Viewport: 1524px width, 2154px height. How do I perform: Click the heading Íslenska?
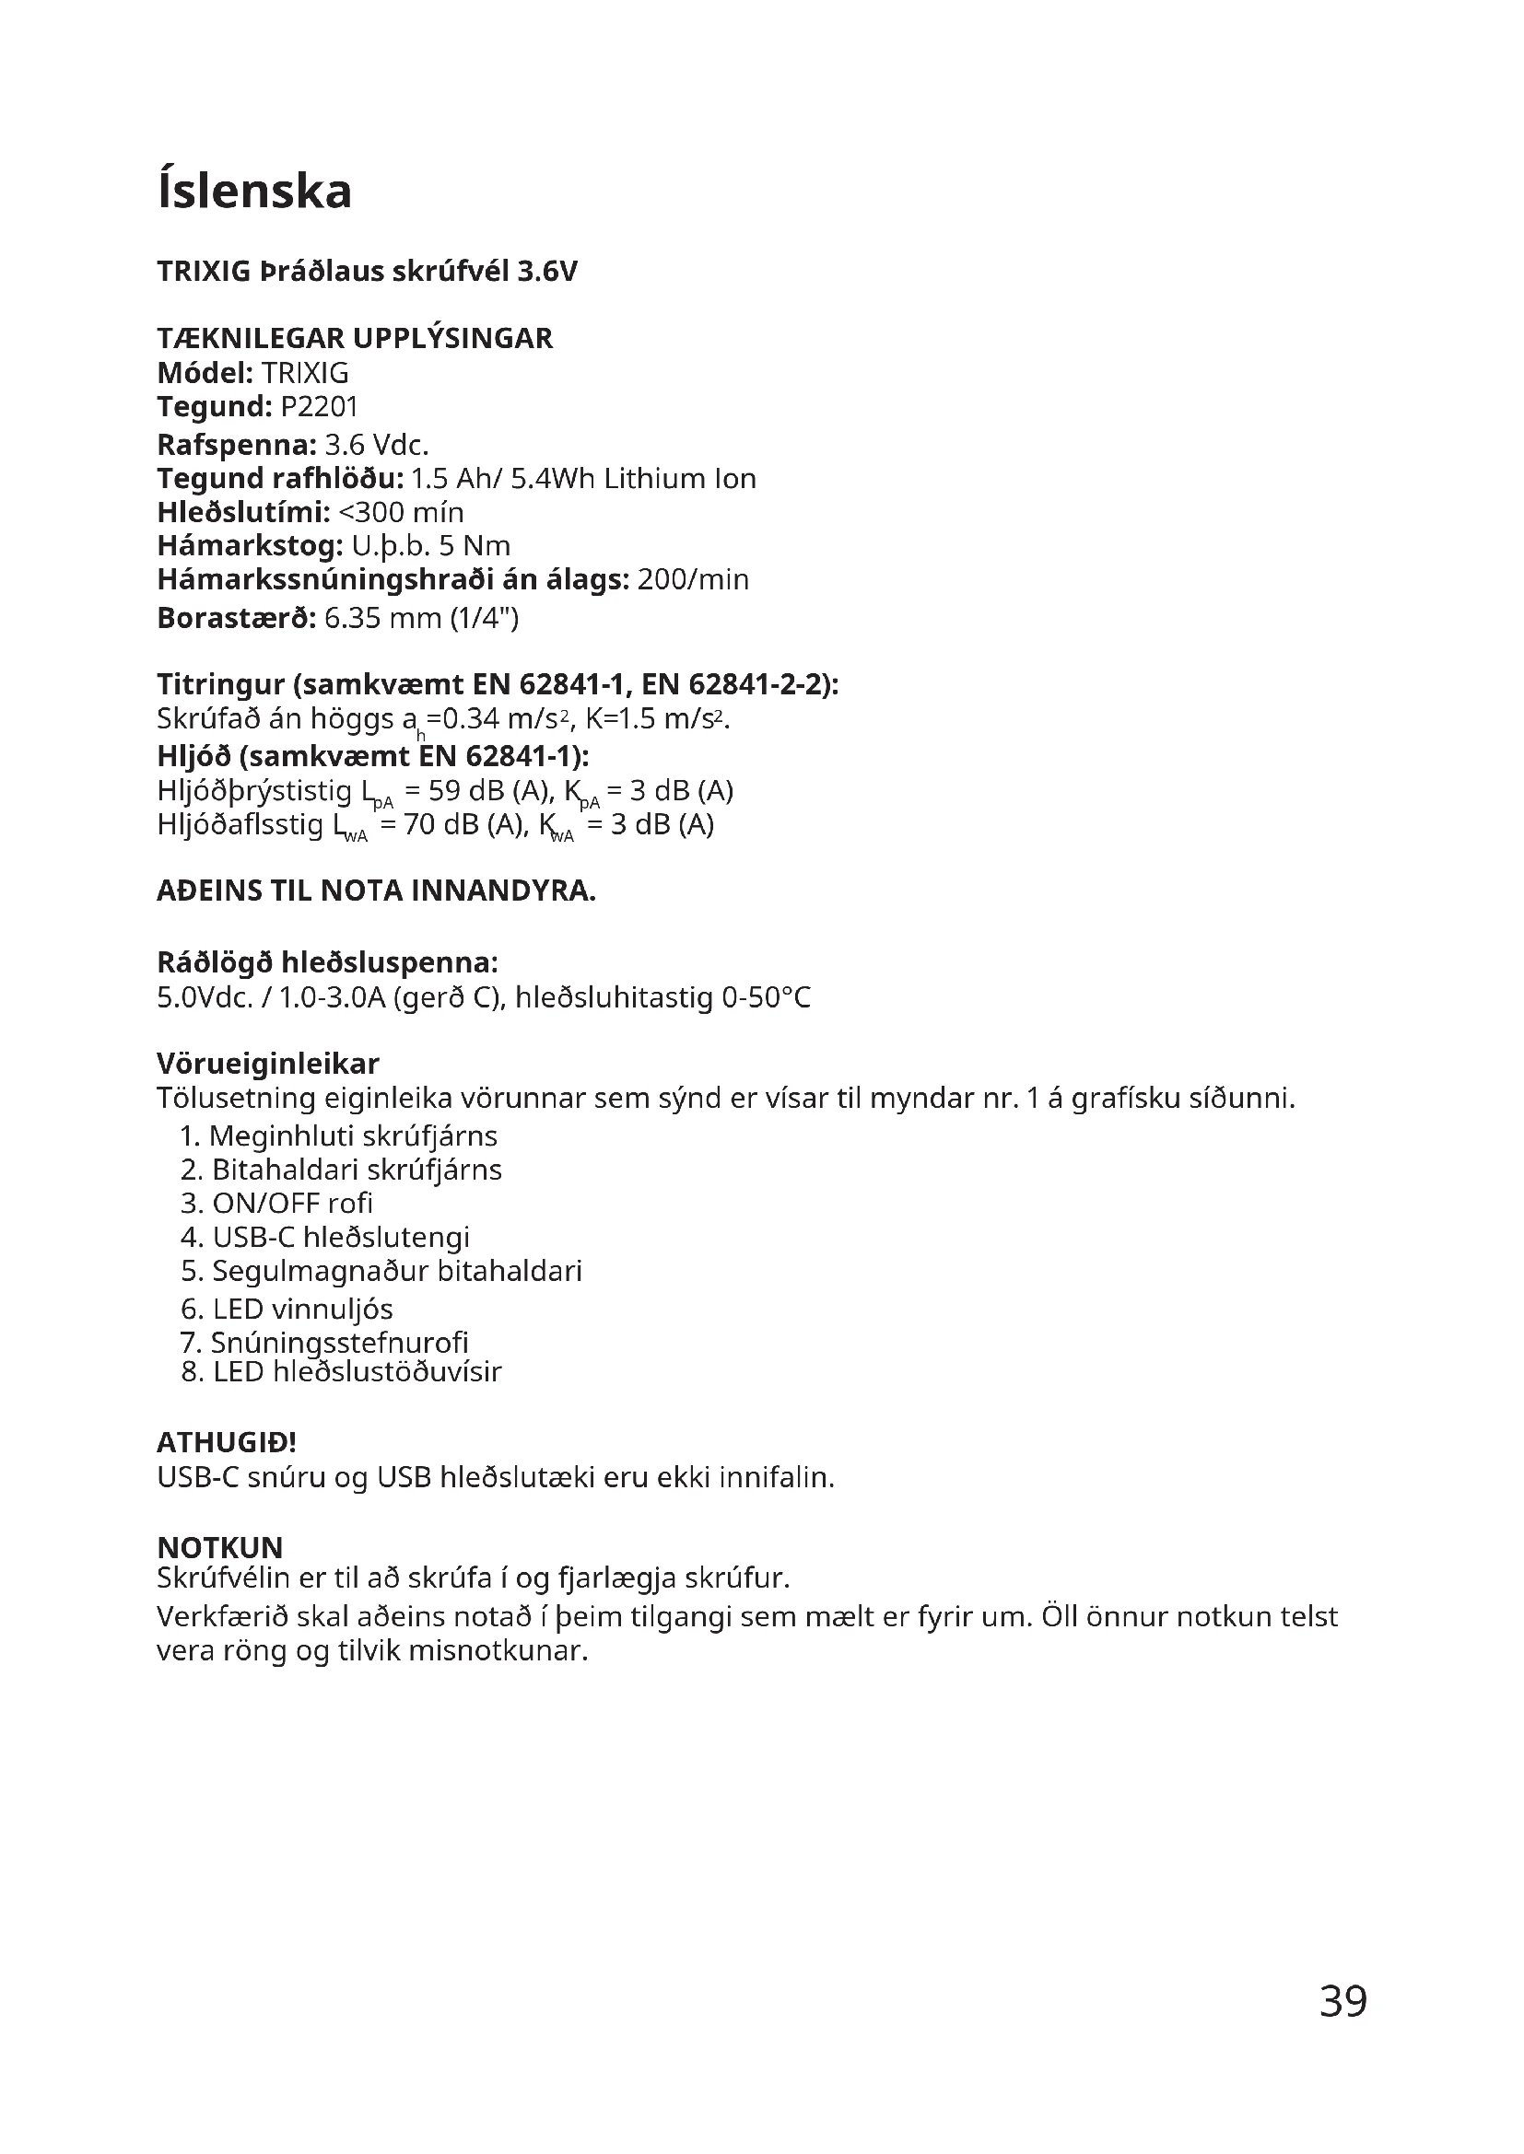point(254,192)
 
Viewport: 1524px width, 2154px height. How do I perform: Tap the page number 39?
point(1342,2002)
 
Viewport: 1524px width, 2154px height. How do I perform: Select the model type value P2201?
point(319,407)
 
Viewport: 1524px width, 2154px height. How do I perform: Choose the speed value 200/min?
point(693,580)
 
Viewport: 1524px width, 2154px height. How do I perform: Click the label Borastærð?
point(237,618)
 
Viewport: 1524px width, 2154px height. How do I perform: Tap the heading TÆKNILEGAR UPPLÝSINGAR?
point(355,338)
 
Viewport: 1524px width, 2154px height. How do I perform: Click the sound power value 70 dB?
point(441,824)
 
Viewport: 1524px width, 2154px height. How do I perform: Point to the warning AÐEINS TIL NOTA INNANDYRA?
point(376,891)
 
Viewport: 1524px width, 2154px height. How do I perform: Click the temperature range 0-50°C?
point(766,997)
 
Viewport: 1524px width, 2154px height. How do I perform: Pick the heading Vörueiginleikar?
point(267,1064)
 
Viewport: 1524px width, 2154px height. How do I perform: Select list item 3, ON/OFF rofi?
point(276,1204)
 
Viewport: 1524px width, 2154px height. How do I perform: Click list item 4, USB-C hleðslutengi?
point(324,1238)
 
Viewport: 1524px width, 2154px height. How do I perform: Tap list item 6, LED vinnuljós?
point(287,1310)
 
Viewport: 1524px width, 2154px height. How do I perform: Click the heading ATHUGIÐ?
point(226,1442)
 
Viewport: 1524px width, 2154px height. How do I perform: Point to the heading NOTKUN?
point(219,1547)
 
